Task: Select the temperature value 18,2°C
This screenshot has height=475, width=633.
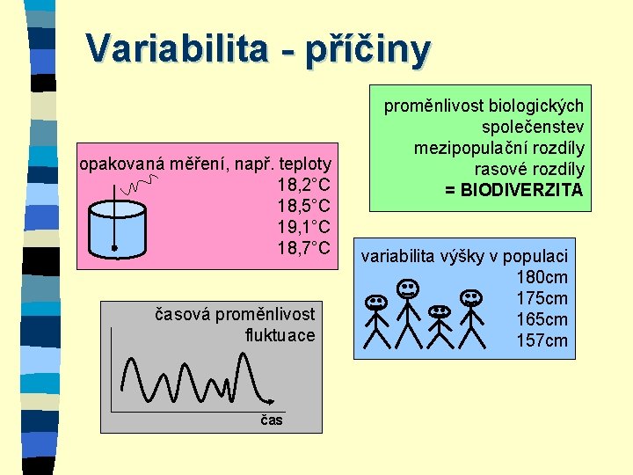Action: [x=303, y=185]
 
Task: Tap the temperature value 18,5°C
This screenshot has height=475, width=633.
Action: [x=303, y=206]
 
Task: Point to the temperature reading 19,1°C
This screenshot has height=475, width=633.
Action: [x=303, y=227]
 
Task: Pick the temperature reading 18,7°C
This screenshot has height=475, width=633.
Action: [x=303, y=248]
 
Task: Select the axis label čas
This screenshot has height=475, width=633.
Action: [x=272, y=420]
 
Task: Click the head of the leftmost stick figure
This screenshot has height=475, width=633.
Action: [x=377, y=302]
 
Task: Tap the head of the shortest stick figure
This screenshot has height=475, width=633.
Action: [x=439, y=311]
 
